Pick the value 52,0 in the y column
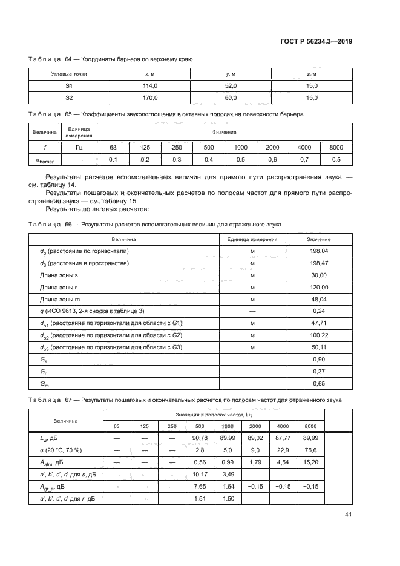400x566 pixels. tap(231, 86)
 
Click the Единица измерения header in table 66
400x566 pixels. tap(252, 239)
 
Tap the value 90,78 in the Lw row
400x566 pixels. tap(201, 437)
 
